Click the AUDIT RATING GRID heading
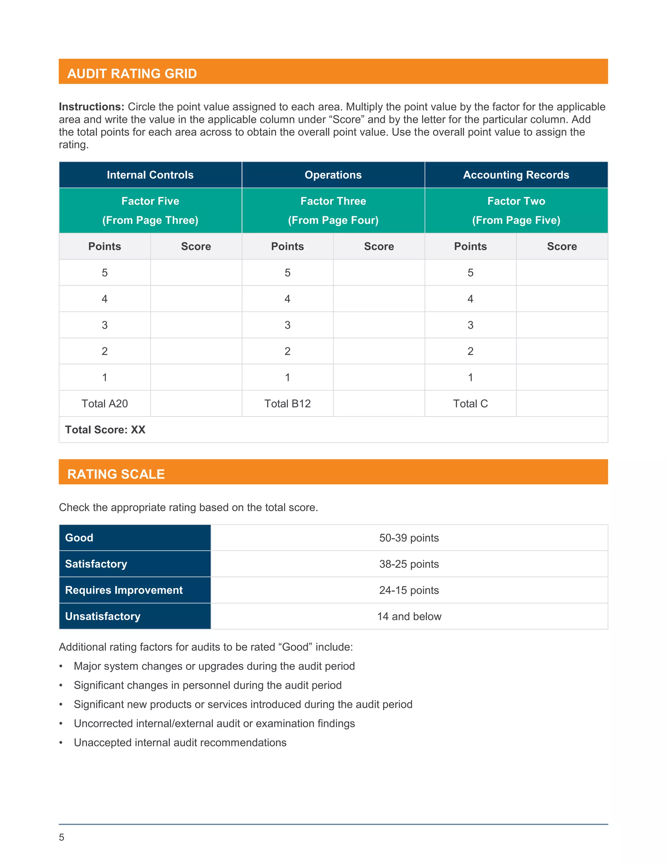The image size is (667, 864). pos(132,74)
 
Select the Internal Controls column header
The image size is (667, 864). pos(150,175)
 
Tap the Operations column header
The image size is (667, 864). pos(333,175)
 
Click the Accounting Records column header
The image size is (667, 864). pos(516,175)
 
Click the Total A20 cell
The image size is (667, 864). pos(105,404)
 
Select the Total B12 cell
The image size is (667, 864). pos(288,404)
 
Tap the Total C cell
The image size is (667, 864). pos(470,404)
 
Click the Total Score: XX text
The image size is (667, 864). pos(105,430)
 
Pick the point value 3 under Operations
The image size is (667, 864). pos(288,325)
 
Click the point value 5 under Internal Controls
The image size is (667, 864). pos(105,273)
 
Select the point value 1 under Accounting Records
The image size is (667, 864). pos(470,378)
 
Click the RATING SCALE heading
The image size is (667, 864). pos(116,474)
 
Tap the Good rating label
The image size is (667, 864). pos(79,538)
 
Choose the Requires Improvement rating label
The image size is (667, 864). pos(124,590)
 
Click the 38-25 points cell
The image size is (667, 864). pos(409,564)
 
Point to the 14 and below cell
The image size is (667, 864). pos(409,616)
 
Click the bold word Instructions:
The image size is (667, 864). pos(92,107)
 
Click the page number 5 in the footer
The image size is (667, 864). pos(62,837)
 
